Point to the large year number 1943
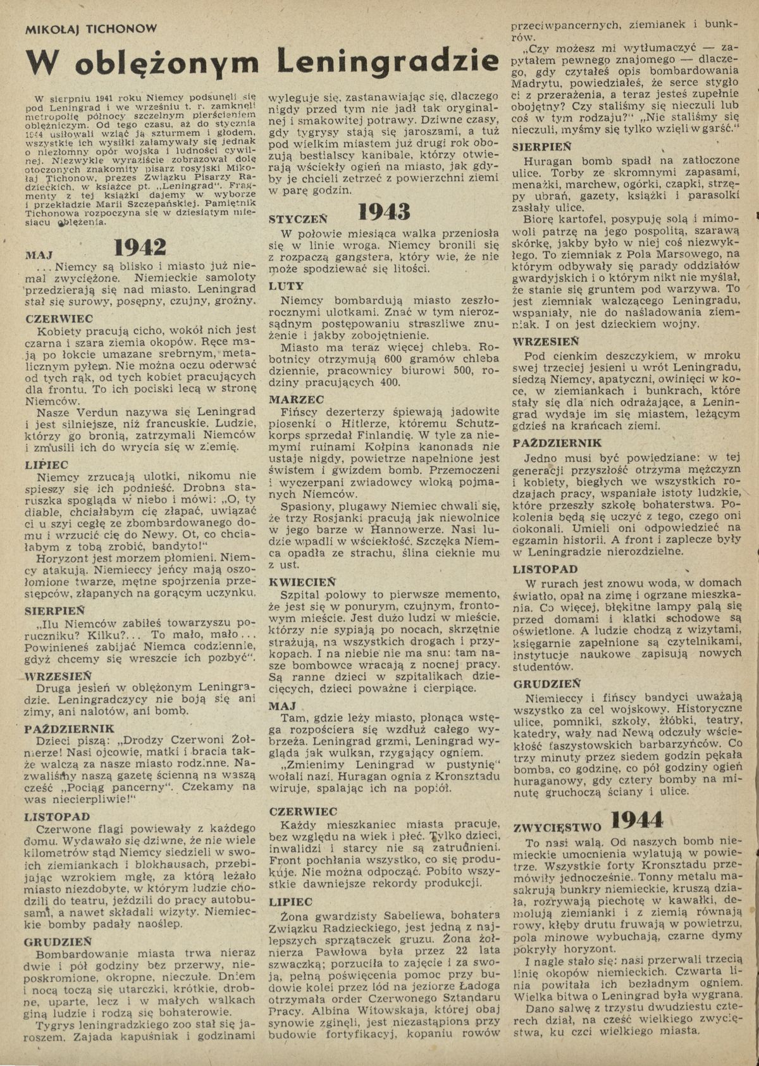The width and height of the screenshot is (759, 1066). (x=385, y=212)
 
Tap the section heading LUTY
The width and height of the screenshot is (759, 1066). (x=287, y=286)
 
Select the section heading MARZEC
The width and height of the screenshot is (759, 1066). (x=297, y=400)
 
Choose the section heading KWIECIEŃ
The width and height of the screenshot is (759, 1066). (x=302, y=581)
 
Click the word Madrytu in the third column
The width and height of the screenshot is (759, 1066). (x=540, y=83)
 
